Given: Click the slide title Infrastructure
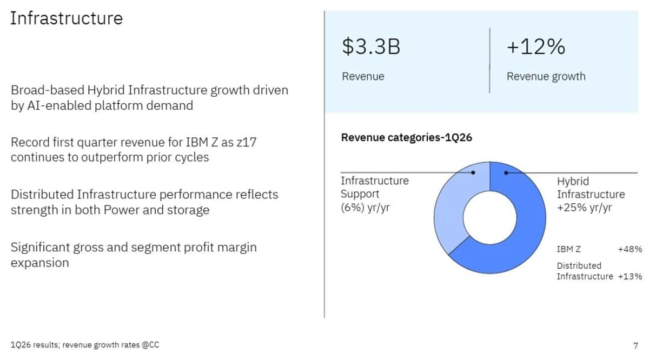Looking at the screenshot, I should [66, 18].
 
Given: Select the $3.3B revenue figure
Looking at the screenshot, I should [371, 47].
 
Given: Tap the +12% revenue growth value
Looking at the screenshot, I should [535, 47].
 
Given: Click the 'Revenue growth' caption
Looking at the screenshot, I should [546, 76].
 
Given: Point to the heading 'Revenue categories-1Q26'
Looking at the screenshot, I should [406, 137].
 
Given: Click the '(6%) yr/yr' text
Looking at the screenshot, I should [365, 207].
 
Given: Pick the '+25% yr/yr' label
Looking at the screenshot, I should [584, 208].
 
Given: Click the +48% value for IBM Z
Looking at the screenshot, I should [630, 249].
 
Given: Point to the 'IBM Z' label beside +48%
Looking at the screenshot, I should [569, 249].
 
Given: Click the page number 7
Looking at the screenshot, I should [635, 345].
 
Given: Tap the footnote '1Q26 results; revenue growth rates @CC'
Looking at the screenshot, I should [85, 345].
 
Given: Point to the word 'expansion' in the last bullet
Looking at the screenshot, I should [39, 263].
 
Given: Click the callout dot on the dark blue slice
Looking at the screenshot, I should [506, 173].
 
